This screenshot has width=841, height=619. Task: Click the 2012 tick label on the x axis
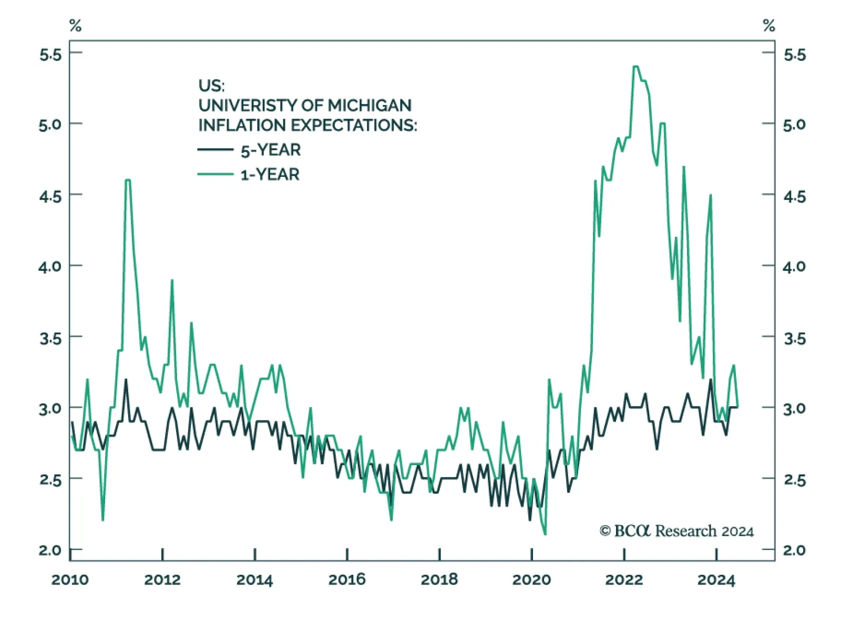[162, 580]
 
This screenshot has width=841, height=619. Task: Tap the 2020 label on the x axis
[531, 580]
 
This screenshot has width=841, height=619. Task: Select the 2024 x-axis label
[716, 580]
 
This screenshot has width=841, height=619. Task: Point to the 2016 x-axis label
[347, 580]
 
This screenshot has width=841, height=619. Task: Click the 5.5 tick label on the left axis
[50, 54]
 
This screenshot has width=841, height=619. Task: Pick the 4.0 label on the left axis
[50, 266]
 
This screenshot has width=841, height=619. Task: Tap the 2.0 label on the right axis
[794, 550]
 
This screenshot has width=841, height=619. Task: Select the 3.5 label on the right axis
[794, 338]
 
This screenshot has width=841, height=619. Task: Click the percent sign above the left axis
[75, 25]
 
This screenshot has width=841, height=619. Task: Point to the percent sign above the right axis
[769, 25]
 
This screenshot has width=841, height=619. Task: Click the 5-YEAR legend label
[271, 150]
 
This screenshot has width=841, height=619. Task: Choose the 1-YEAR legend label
[270, 174]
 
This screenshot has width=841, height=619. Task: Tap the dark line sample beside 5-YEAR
[216, 150]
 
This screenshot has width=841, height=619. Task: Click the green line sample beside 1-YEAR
[216, 174]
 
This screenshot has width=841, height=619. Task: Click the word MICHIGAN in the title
[370, 106]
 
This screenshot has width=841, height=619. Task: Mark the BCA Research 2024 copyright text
[677, 531]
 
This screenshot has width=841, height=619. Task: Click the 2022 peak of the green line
[635, 67]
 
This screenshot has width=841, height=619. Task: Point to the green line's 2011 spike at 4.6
[127, 180]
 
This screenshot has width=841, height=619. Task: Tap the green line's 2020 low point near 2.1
[545, 534]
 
